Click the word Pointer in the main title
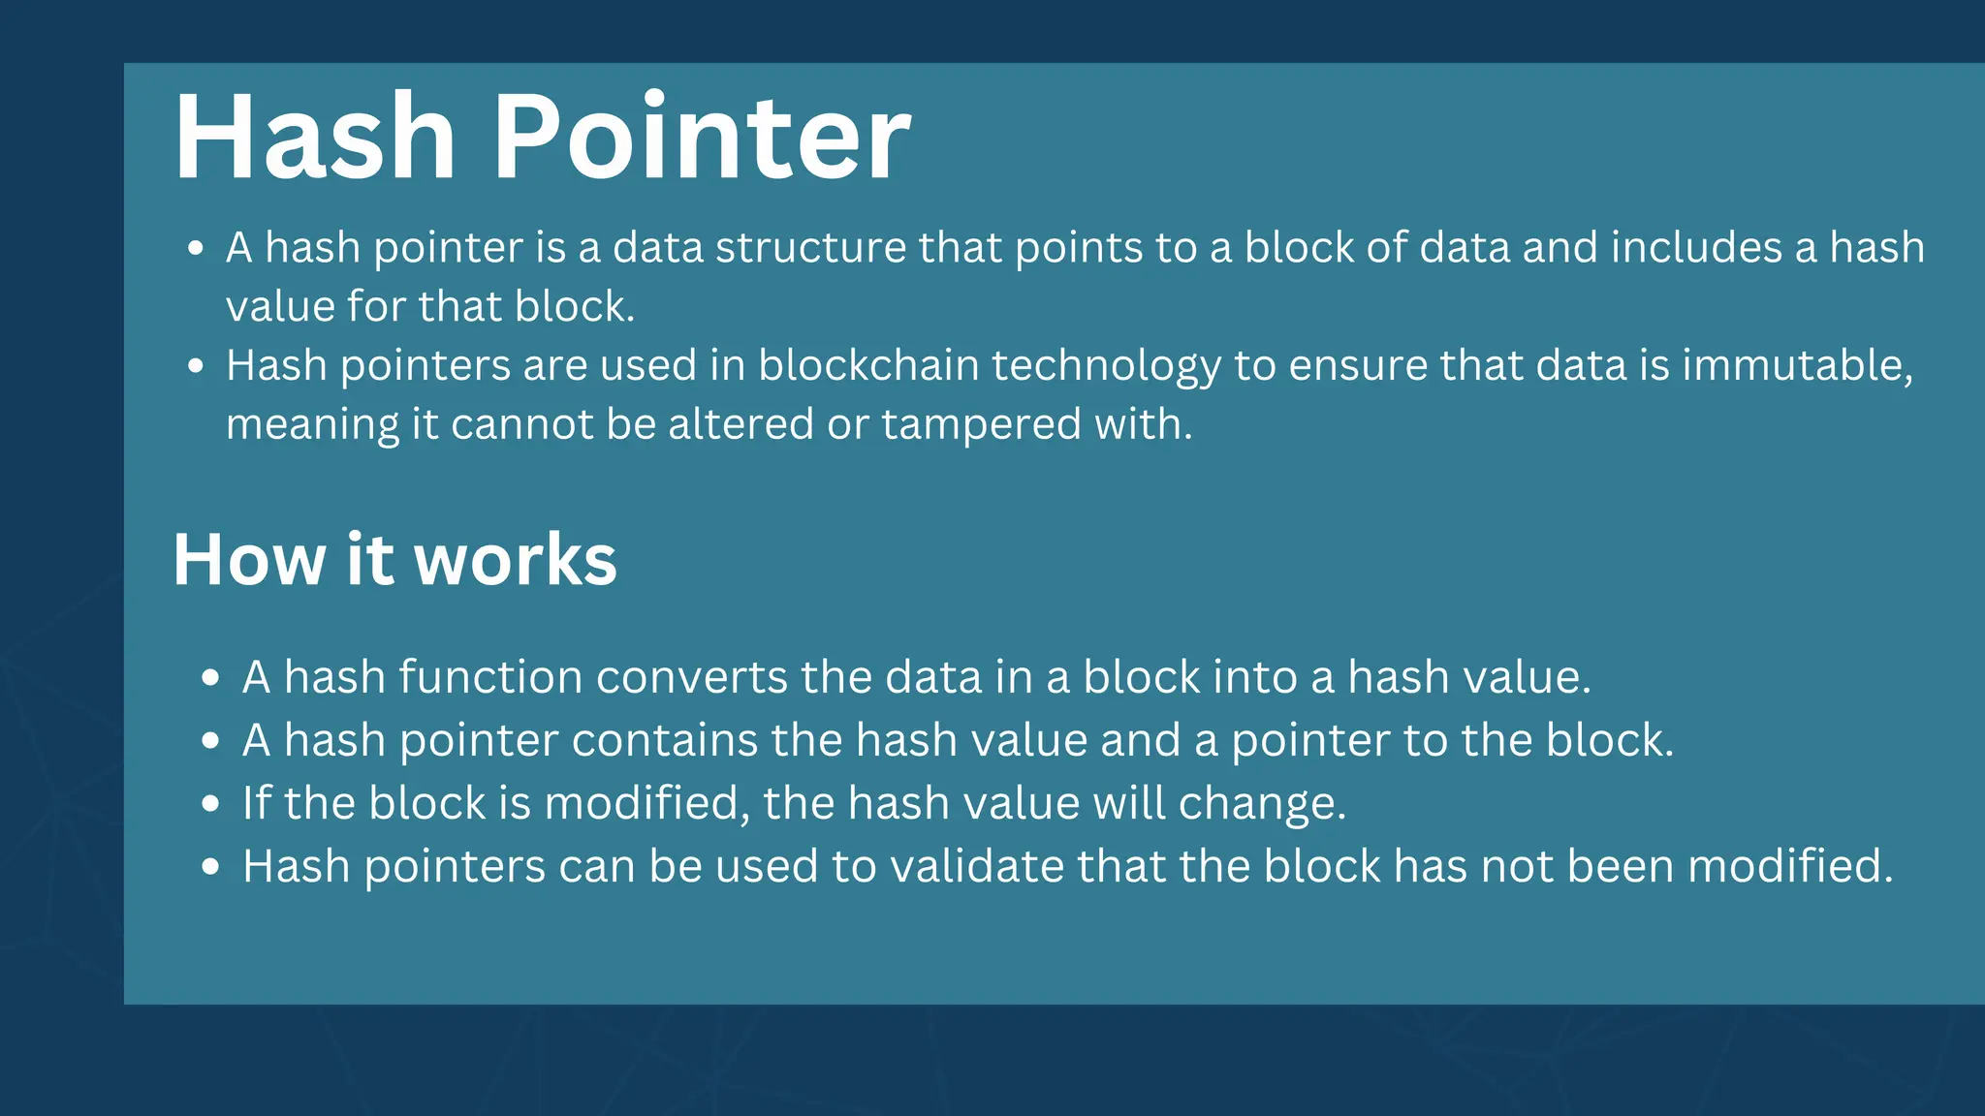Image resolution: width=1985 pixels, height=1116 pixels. click(703, 138)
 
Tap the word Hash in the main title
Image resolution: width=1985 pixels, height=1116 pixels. click(315, 138)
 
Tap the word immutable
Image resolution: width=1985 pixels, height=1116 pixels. click(1797, 365)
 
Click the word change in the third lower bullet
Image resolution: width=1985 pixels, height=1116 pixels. click(1261, 804)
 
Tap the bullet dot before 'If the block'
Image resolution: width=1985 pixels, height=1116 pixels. click(211, 804)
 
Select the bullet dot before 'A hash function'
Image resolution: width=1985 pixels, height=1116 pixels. click(211, 678)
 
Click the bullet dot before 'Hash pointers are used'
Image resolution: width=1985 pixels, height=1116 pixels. click(196, 366)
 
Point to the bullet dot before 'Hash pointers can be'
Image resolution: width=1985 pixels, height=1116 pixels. click(211, 867)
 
